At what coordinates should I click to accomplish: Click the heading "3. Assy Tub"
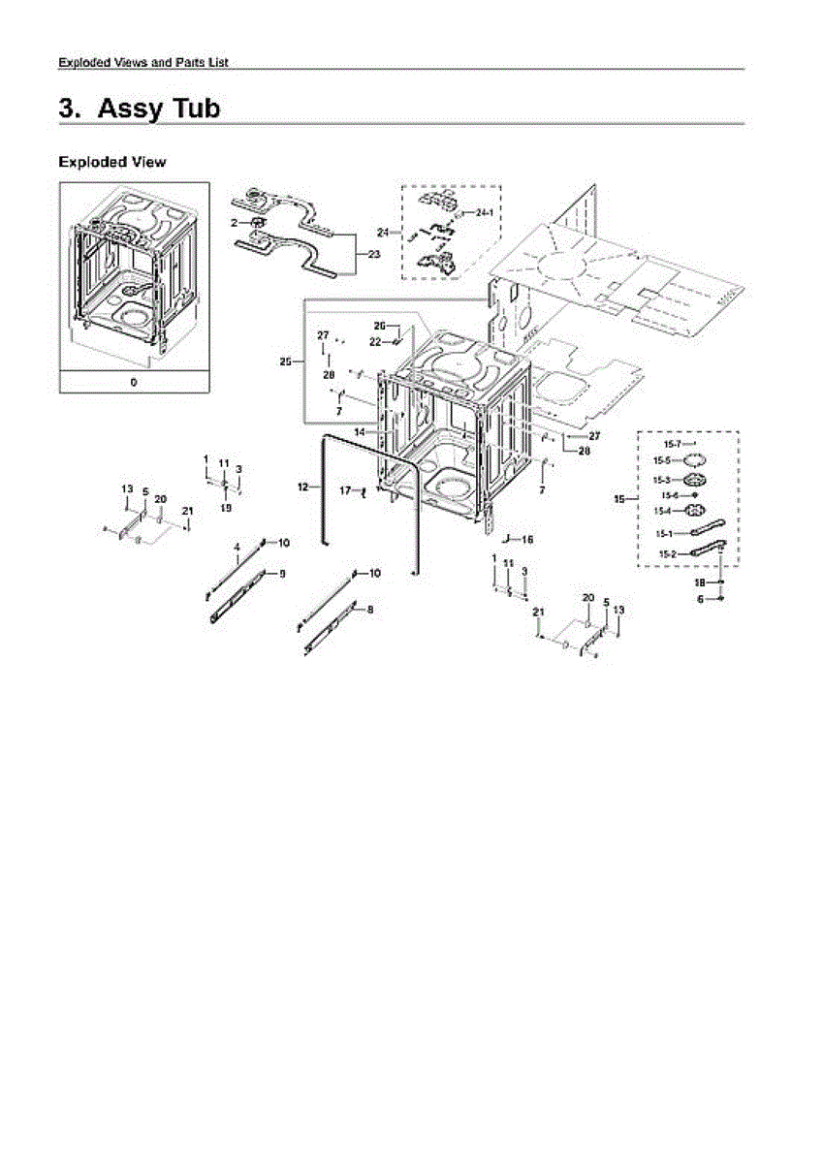coord(140,109)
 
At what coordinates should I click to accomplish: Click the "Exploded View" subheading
coord(111,162)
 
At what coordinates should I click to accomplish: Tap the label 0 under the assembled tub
coord(134,382)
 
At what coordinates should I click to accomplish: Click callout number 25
coord(285,361)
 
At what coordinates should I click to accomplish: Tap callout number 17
coord(344,491)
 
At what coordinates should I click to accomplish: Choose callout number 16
coord(527,538)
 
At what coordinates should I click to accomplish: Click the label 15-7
coord(672,443)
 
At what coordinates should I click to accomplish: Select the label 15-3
coord(662,480)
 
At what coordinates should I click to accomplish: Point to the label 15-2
coord(667,553)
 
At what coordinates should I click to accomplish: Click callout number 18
coord(699,582)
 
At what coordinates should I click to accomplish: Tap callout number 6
coord(700,600)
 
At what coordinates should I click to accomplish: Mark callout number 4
coord(237,548)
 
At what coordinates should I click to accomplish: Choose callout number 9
coord(282,574)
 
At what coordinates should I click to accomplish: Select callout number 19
coord(226,507)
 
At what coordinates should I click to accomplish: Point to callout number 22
coord(374,341)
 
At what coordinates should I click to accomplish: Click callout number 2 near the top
coord(234,223)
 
